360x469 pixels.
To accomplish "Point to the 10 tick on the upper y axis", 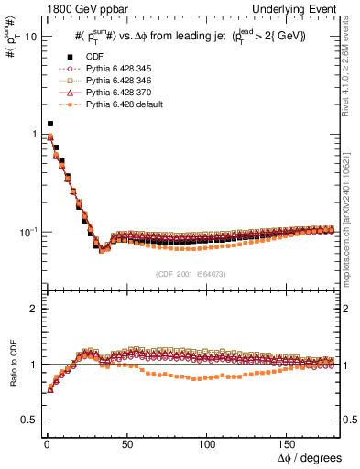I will pyautogui.click(x=29, y=38).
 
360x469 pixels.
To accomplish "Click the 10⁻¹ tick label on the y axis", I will pyautogui.click(x=27, y=233).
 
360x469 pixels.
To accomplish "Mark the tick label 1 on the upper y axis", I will pyautogui.click(x=33, y=135).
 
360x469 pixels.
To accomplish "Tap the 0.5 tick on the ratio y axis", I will pyautogui.click(x=28, y=420).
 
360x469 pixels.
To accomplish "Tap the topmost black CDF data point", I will pyautogui.click(x=50, y=123).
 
